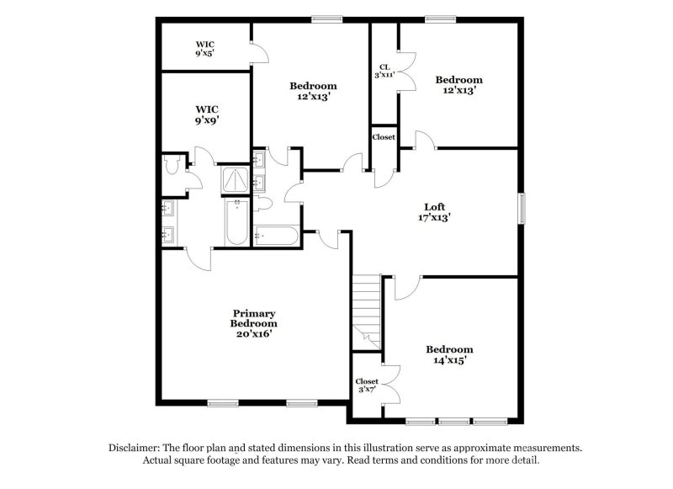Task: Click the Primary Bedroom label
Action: click(x=253, y=323)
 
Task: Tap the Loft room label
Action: click(x=434, y=211)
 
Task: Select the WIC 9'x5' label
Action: click(x=205, y=48)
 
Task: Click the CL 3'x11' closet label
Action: click(x=384, y=71)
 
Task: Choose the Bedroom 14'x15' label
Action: click(x=448, y=354)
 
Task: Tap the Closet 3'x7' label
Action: click(x=366, y=386)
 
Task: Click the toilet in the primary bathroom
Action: click(x=173, y=166)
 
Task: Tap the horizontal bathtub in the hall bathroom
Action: click(x=276, y=237)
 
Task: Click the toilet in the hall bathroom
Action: click(x=262, y=205)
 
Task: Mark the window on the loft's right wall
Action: click(x=522, y=210)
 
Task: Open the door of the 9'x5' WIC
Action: click(x=259, y=52)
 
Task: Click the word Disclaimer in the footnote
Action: click(x=136, y=448)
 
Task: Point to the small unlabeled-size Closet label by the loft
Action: click(x=384, y=136)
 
